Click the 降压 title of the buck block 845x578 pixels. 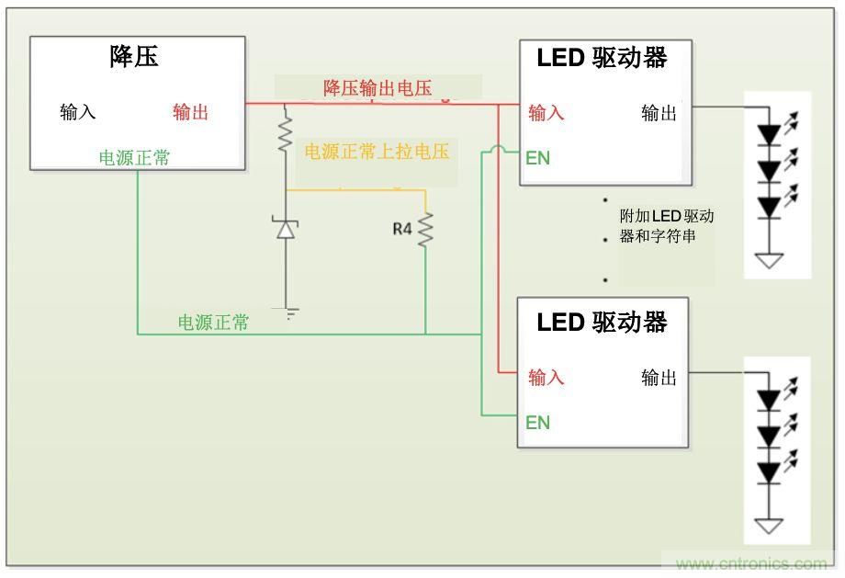[134, 57]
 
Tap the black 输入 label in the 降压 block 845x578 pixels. [78, 112]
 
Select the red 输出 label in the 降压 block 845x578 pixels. [191, 112]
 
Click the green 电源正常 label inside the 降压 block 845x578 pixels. [134, 158]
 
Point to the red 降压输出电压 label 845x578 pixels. [377, 88]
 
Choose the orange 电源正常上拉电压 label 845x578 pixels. [377, 152]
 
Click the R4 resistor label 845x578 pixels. [402, 229]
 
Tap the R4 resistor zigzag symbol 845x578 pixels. [425, 230]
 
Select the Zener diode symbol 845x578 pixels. [286, 228]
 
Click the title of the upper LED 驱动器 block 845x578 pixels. [602, 58]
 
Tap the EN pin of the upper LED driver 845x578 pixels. [537, 158]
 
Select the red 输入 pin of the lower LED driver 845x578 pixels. [546, 377]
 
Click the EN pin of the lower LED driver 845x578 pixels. [537, 423]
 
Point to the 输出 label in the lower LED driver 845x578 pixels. [659, 377]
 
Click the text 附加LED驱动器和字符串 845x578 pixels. [667, 226]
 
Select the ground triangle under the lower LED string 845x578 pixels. [769, 527]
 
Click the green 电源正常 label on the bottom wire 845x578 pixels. [213, 323]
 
